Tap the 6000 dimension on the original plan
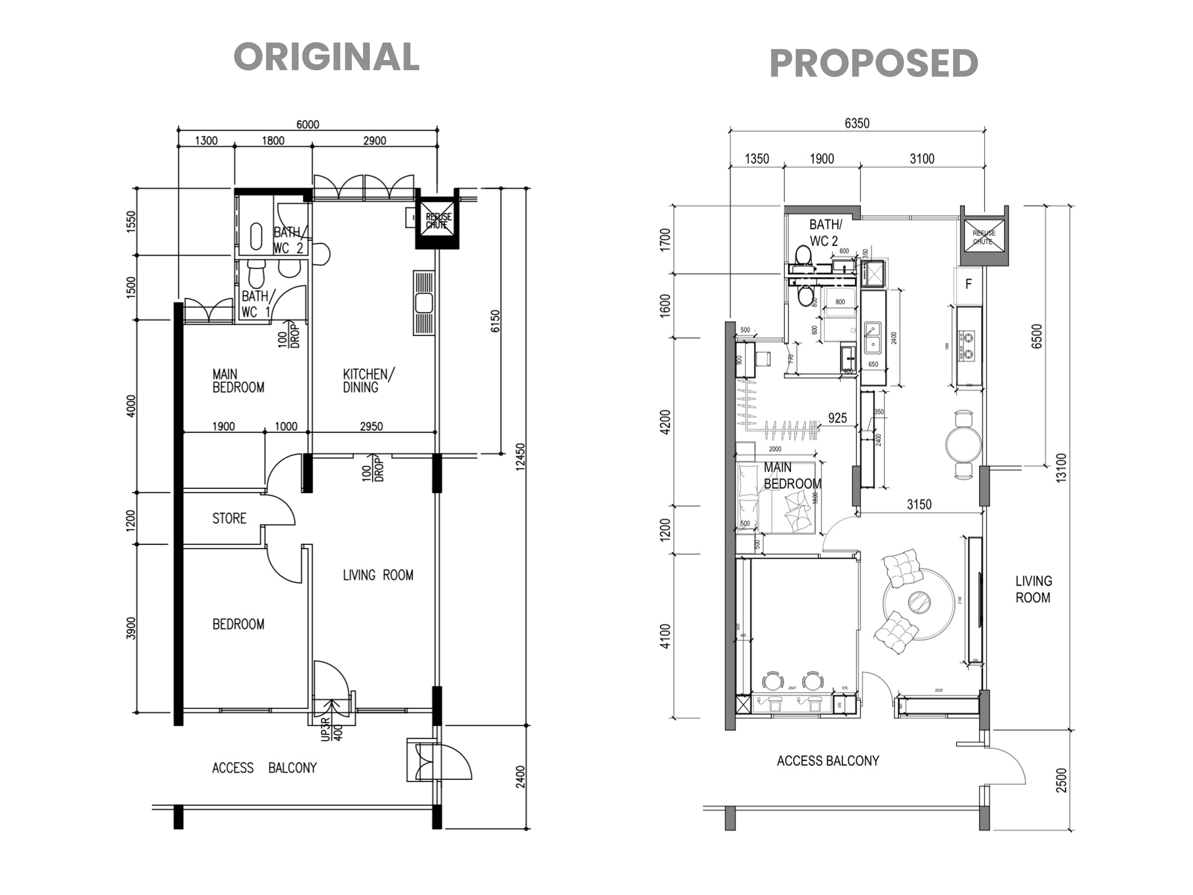307,125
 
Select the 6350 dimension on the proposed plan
857,123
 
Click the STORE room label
229,519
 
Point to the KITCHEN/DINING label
368,380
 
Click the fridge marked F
969,284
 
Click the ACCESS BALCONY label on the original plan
264,768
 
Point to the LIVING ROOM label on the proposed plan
1033,589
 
